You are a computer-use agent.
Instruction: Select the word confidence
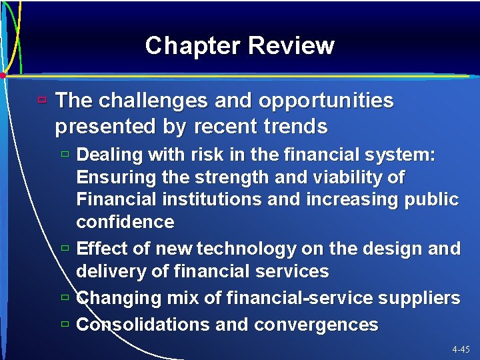(125, 221)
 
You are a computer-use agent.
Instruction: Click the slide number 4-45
(460, 349)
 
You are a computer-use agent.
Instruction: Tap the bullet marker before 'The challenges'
(42, 101)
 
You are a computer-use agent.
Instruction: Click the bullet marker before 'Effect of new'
(65, 248)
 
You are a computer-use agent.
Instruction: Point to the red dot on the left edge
(3, 75)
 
